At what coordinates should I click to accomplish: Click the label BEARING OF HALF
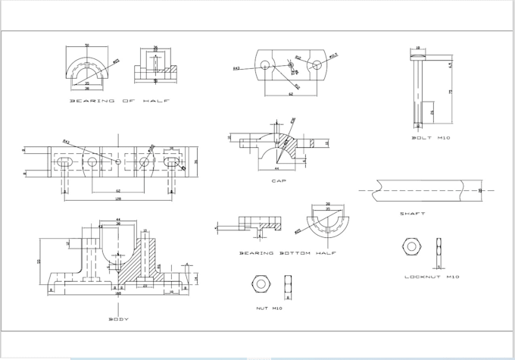click(x=120, y=100)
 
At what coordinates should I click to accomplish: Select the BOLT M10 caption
click(x=431, y=137)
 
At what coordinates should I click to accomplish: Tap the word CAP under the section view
click(x=278, y=180)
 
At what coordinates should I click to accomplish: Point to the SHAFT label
click(x=413, y=214)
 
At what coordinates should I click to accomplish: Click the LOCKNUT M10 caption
click(x=431, y=277)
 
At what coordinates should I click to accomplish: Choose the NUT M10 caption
click(x=269, y=308)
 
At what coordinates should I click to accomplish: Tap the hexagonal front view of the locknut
click(x=411, y=246)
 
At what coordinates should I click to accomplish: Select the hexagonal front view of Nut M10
click(x=261, y=283)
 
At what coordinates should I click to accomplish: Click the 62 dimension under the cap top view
click(x=292, y=93)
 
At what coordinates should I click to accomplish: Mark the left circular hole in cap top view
click(x=263, y=66)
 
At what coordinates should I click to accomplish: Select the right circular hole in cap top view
click(x=316, y=66)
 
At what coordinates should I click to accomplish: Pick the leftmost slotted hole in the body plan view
click(x=64, y=162)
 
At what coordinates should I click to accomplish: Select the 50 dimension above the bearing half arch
click(x=87, y=46)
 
